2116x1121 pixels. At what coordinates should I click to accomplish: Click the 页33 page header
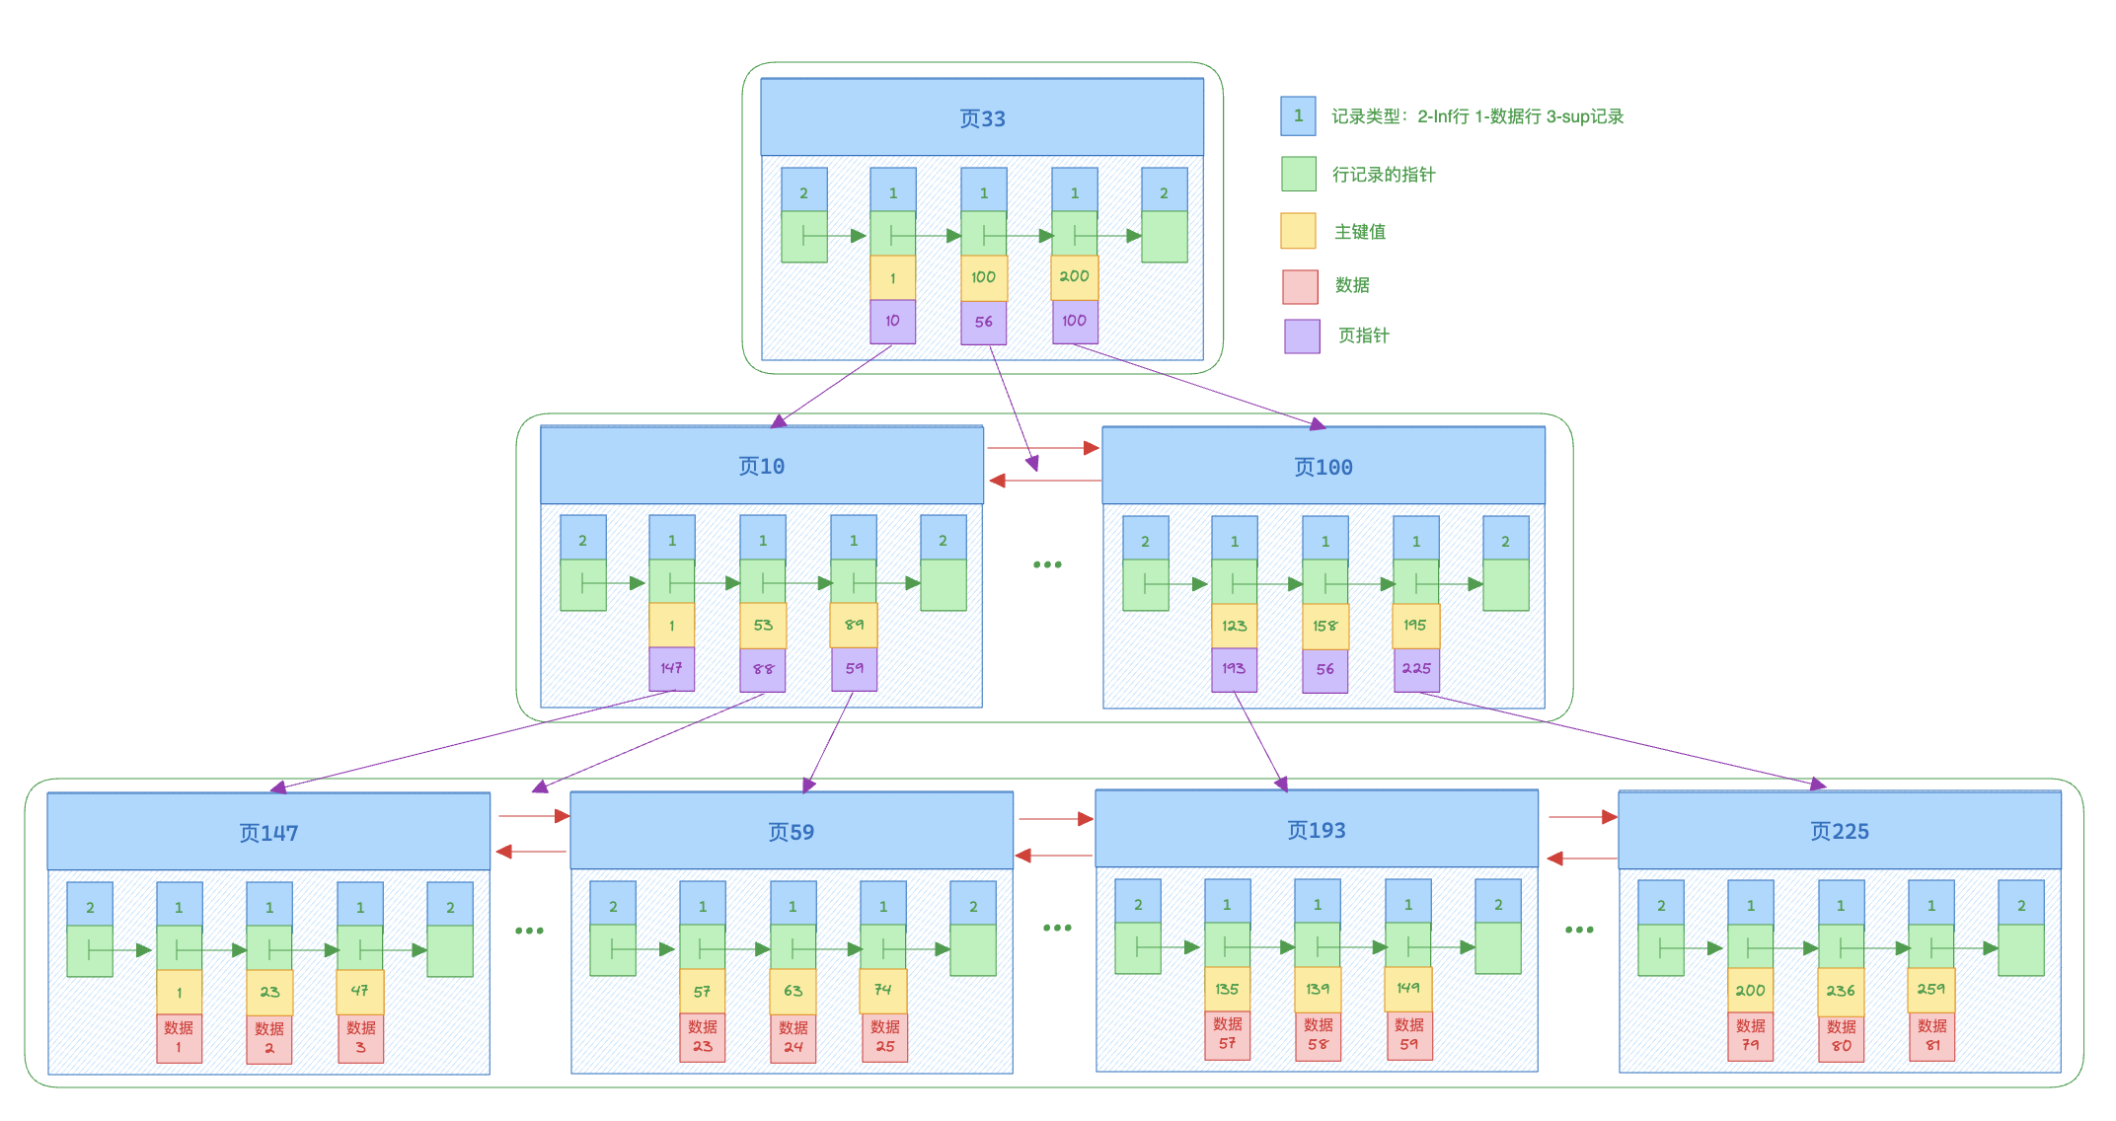(x=982, y=118)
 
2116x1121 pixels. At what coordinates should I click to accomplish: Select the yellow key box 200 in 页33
(x=1075, y=277)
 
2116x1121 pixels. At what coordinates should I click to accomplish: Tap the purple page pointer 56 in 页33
(x=984, y=322)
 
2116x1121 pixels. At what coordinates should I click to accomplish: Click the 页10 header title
(x=761, y=466)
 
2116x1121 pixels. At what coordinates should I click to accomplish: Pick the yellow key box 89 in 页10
(x=854, y=626)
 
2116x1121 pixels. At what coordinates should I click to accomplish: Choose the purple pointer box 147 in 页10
(x=671, y=668)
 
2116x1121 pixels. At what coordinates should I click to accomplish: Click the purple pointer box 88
(x=763, y=669)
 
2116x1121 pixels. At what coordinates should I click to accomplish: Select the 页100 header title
(x=1322, y=467)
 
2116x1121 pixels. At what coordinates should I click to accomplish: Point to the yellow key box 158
(x=1324, y=626)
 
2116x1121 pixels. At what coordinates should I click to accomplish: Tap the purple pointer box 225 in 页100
(x=1416, y=669)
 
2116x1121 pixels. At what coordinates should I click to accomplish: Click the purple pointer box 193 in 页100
(x=1234, y=669)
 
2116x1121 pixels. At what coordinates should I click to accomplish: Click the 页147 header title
(x=268, y=833)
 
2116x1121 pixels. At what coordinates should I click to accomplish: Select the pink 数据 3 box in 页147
(x=360, y=1038)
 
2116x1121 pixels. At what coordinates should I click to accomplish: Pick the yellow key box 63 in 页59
(x=793, y=991)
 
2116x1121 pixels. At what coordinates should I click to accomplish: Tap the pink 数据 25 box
(x=884, y=1036)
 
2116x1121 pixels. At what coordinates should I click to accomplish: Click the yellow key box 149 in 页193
(x=1408, y=989)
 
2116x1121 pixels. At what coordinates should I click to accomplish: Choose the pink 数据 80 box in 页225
(x=1841, y=1036)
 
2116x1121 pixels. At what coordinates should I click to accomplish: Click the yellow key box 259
(x=1930, y=990)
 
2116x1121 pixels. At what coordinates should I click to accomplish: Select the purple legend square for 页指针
(x=1302, y=336)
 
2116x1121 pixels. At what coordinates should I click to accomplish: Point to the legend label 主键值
(x=1360, y=232)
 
